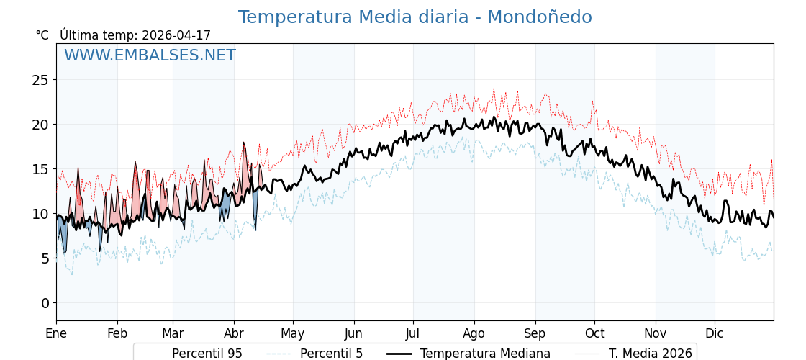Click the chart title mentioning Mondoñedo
(x=415, y=17)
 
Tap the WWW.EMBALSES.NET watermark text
(x=150, y=55)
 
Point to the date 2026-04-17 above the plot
(x=176, y=35)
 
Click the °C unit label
(x=42, y=35)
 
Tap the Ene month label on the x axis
(x=56, y=333)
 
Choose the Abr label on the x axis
(x=234, y=333)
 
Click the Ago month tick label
(x=474, y=333)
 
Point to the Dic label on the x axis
(x=715, y=333)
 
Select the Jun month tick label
(x=353, y=333)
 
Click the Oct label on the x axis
(x=594, y=333)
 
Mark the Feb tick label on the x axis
(x=117, y=333)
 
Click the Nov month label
(x=656, y=333)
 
